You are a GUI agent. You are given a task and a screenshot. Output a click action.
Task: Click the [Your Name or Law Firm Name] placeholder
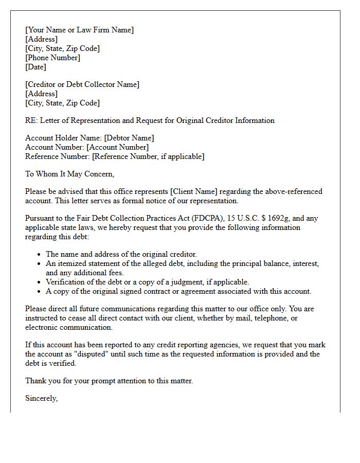pyautogui.click(x=79, y=30)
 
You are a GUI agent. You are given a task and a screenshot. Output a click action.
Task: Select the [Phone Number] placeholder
pyautogui.click(x=53, y=58)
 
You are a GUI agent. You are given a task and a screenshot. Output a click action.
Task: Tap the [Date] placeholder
pyautogui.click(x=35, y=67)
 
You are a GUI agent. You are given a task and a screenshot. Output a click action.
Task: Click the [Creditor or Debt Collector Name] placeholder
pyautogui.click(x=82, y=84)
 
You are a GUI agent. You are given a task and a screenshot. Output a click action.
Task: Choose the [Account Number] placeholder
pyautogui.click(x=117, y=147)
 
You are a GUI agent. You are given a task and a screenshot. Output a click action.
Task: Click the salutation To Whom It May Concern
pyautogui.click(x=69, y=174)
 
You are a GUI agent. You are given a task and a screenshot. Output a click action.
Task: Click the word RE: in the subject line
pyautogui.click(x=31, y=120)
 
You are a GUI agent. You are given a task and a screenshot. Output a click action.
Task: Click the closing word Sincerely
pyautogui.click(x=41, y=398)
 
